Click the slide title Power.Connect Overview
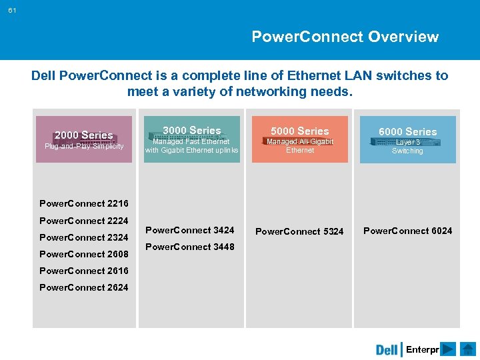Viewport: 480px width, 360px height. coord(345,37)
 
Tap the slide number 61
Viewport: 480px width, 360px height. coord(13,10)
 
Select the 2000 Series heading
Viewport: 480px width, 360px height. coord(83,135)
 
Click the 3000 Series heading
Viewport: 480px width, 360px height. coord(192,130)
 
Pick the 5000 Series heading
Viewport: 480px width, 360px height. coord(300,131)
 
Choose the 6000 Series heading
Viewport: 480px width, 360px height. coord(407,131)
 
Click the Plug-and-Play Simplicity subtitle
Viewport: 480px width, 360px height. coord(84,146)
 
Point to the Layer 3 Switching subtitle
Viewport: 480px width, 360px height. coord(407,146)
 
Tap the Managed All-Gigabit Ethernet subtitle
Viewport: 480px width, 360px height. coord(300,145)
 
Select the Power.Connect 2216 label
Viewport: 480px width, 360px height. coord(84,203)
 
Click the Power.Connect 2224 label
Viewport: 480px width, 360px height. coord(84,221)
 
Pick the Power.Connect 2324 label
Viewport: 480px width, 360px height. coord(84,237)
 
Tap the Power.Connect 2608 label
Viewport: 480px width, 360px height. coord(84,254)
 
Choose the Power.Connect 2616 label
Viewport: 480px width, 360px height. coord(84,271)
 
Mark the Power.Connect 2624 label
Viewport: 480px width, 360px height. coord(84,287)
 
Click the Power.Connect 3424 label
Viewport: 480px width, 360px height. coord(190,230)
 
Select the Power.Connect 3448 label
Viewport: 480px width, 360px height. coord(190,247)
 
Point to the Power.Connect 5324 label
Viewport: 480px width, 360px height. coord(300,231)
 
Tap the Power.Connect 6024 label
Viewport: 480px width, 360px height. coord(407,231)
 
